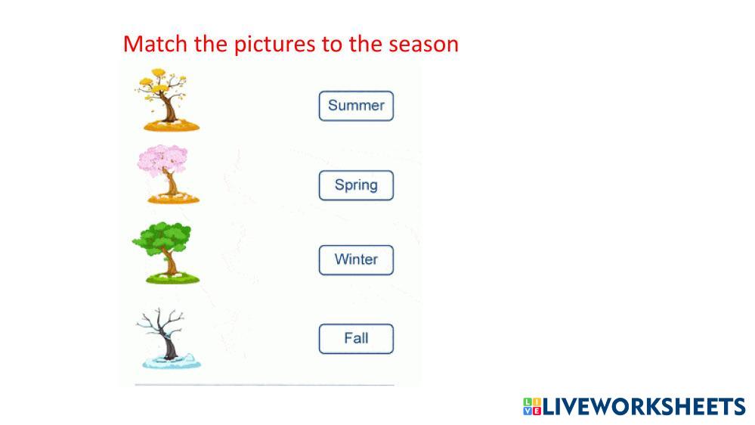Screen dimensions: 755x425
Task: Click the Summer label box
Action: pos(356,106)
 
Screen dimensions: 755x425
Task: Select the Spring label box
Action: pos(356,185)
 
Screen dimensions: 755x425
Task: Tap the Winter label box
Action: pos(356,259)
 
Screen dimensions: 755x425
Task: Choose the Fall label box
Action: pos(356,339)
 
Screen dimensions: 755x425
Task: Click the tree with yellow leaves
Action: pos(166,100)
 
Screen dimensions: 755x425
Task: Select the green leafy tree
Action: pos(166,253)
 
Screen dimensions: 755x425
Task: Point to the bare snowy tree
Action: pos(169,338)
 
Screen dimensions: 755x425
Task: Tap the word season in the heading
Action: pos(424,45)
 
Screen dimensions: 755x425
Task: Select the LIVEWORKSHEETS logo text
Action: pos(644,407)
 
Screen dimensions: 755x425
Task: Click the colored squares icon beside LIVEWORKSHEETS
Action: pos(532,406)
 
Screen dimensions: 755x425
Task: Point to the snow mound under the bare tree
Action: pos(172,361)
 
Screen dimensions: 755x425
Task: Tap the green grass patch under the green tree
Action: pos(172,278)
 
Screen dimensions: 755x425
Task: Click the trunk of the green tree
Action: pos(169,262)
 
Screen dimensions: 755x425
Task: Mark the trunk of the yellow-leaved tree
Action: pos(168,108)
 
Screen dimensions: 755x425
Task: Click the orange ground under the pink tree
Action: pos(173,198)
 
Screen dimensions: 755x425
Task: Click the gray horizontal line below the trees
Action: pos(265,385)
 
